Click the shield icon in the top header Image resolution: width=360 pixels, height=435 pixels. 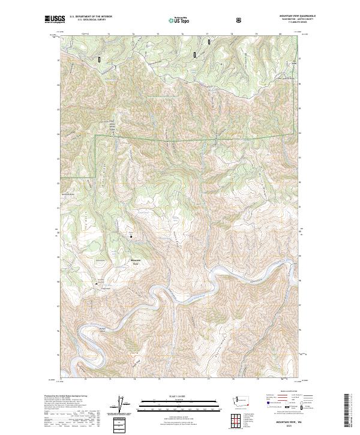(x=239, y=20)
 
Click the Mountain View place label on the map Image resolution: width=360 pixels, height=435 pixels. (x=136, y=261)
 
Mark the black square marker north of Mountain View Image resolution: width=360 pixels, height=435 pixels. (x=131, y=236)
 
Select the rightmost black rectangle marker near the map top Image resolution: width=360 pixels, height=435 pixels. (x=209, y=41)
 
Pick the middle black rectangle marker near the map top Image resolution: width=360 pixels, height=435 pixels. (x=194, y=54)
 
